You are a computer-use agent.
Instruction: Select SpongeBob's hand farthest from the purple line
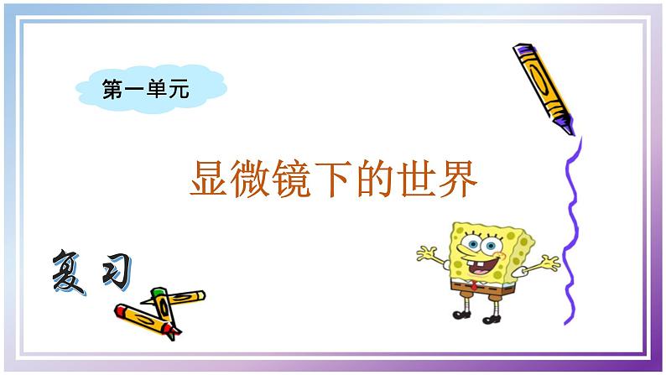425,251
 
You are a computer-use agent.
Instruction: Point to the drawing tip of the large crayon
573,131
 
